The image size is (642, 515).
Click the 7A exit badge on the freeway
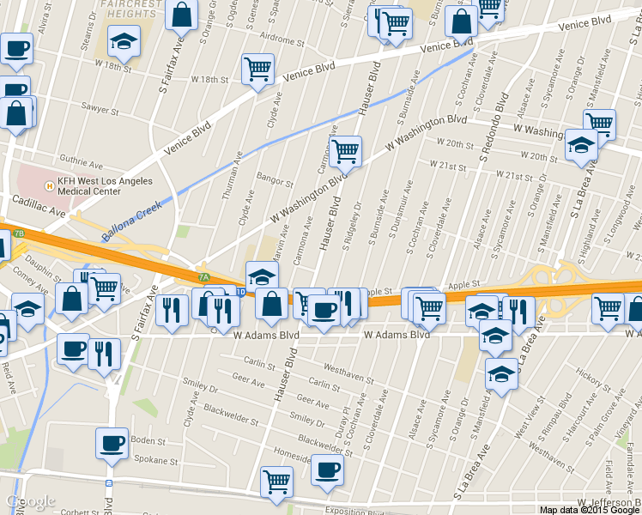[x=203, y=277]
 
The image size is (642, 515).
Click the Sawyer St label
[x=100, y=110]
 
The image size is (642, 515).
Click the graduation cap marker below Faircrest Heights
[x=124, y=40]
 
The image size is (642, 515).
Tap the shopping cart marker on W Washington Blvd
[x=345, y=151]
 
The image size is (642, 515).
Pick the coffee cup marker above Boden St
[x=112, y=443]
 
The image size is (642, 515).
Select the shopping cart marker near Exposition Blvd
[x=276, y=482]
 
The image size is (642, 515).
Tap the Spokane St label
[x=158, y=461]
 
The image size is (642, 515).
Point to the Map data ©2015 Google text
[x=590, y=509]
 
